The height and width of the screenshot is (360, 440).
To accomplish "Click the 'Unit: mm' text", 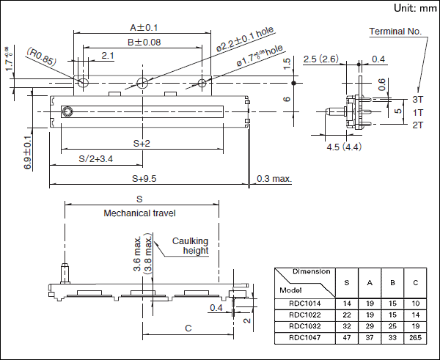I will [x=414, y=8].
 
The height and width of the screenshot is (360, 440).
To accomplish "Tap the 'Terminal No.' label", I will [x=395, y=32].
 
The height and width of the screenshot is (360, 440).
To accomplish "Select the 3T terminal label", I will [x=418, y=99].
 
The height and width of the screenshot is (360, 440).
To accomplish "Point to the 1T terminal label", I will [x=418, y=112].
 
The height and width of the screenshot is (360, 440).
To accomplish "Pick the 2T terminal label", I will [x=418, y=125].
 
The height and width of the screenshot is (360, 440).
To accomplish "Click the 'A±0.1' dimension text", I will [x=139, y=27].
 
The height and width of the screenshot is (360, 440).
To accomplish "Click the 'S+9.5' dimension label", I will [x=144, y=178].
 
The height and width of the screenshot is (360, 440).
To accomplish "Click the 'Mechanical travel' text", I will [x=139, y=213].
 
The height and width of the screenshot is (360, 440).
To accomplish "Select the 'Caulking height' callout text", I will [x=191, y=246].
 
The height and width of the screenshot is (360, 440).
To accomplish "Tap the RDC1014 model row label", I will [x=304, y=303].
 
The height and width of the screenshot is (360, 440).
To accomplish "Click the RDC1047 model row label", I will [x=304, y=338].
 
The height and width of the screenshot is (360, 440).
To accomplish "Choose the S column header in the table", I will [x=347, y=282].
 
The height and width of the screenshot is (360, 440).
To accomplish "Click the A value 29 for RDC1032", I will [x=370, y=326].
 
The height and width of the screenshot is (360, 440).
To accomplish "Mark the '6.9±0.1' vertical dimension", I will [x=27, y=153].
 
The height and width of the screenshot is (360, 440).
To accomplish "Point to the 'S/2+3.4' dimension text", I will [x=95, y=158].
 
